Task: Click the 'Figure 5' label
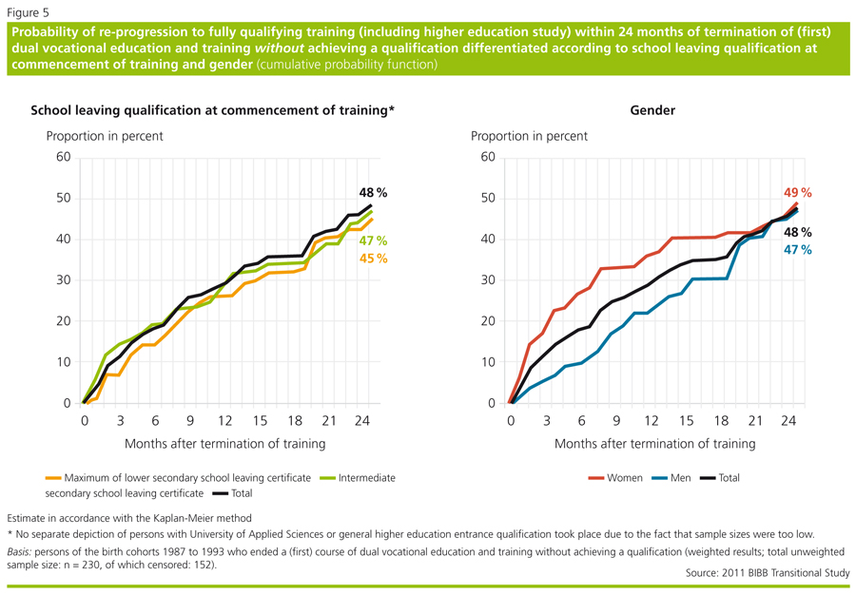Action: coord(28,13)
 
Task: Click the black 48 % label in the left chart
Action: coord(373,193)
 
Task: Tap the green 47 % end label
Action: coord(373,240)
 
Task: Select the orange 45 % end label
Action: coord(373,259)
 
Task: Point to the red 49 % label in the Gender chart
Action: coord(797,193)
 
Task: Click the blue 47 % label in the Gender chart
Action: coord(797,250)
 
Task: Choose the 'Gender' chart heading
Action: coord(652,110)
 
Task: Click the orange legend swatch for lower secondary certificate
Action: coord(53,478)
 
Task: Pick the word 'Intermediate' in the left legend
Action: coord(366,478)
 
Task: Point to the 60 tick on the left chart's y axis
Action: coord(64,157)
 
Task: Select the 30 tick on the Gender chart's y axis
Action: coord(488,280)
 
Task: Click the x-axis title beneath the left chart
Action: coord(224,443)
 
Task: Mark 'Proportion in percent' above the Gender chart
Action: coord(529,136)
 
